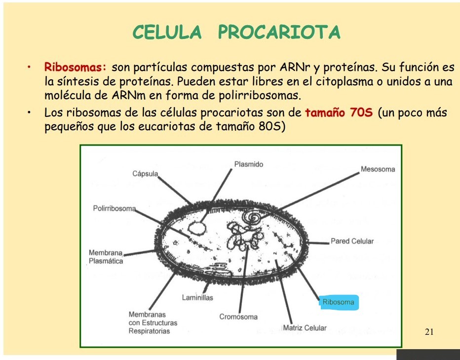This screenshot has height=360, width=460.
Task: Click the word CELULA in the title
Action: (167, 33)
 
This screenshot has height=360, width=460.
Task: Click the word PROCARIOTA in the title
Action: (279, 33)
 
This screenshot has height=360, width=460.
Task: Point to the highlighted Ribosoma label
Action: (338, 302)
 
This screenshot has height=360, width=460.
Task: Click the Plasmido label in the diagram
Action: (249, 164)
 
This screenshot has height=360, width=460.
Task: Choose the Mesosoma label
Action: (378, 169)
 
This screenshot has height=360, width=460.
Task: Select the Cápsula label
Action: (145, 174)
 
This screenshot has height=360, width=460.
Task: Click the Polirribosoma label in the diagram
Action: (114, 209)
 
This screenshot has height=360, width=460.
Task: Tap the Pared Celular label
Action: (352, 241)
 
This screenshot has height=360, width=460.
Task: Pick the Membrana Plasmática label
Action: (106, 257)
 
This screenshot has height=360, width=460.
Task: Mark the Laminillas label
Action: (197, 297)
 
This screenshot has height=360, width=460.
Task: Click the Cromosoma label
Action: (238, 317)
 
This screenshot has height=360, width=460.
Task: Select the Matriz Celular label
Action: (305, 328)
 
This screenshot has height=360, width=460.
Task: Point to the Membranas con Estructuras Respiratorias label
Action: (153, 323)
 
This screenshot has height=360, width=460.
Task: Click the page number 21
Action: (429, 332)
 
